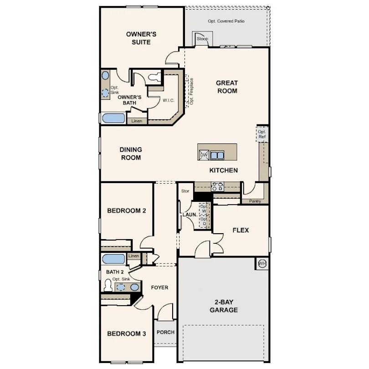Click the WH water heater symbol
[262, 264]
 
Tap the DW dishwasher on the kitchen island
[204, 155]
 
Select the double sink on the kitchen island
[217, 155]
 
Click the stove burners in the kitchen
[217, 186]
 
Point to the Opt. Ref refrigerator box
[262, 134]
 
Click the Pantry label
[255, 201]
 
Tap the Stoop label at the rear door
[202, 39]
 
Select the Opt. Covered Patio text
[226, 21]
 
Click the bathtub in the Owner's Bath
[113, 118]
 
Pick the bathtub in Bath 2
[113, 259]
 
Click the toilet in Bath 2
[108, 286]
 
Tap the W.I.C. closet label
[169, 100]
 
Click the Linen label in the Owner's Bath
[137, 121]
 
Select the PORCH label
[165, 332]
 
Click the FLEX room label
[241, 230]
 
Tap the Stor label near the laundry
[185, 191]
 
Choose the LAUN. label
[190, 215]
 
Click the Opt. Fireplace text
[192, 91]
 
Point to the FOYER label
[159, 287]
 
